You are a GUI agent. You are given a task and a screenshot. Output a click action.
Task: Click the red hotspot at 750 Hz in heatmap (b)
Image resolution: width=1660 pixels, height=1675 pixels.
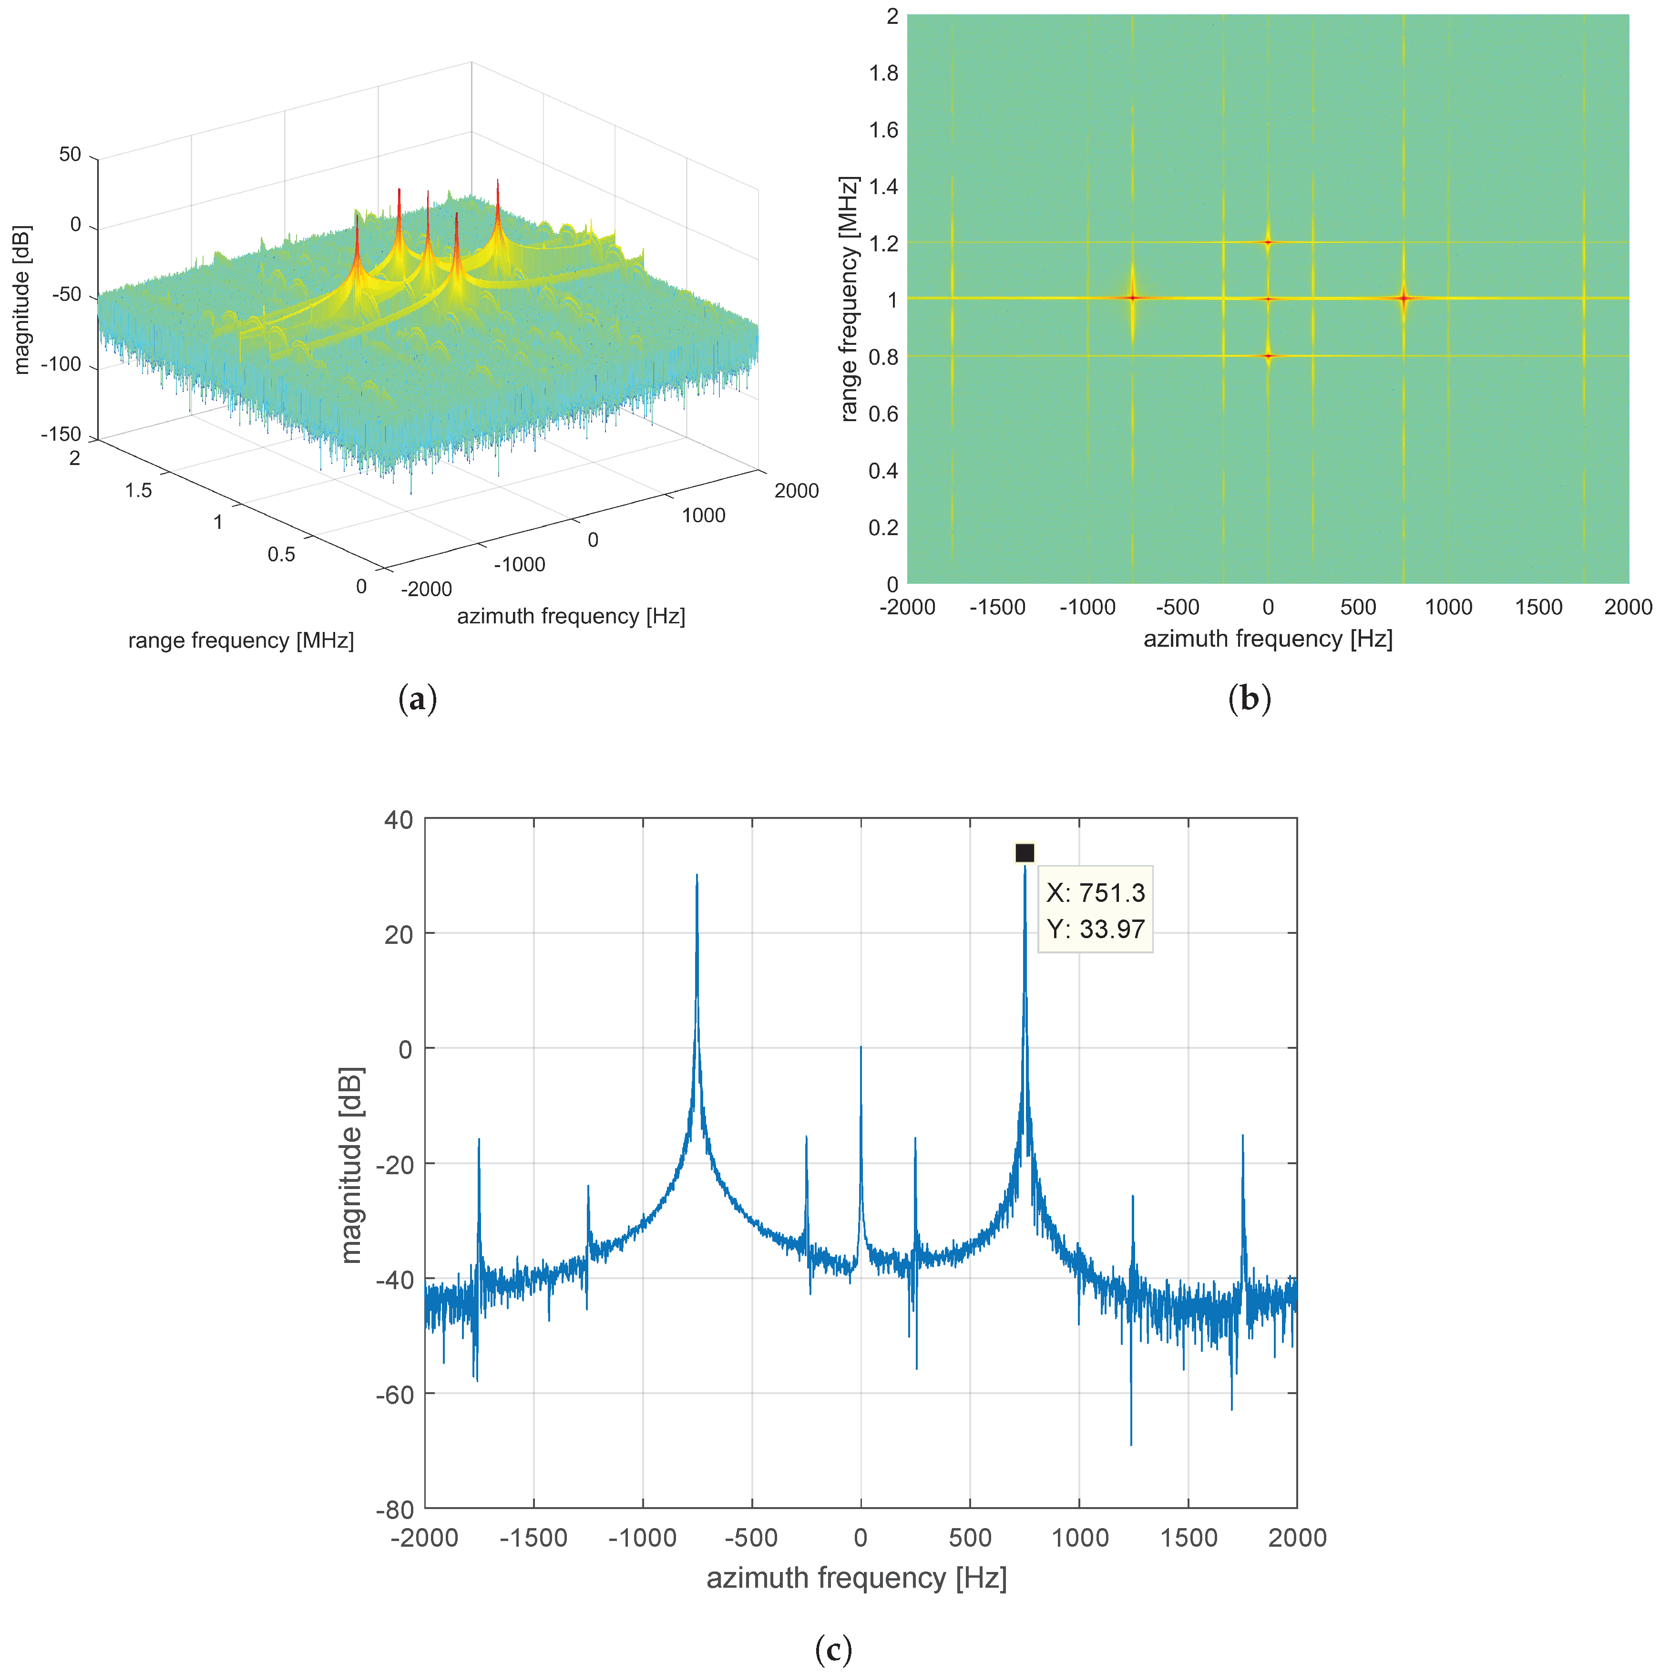click(x=1404, y=298)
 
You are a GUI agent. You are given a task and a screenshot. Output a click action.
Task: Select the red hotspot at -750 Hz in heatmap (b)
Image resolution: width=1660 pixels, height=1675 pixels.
click(x=1132, y=298)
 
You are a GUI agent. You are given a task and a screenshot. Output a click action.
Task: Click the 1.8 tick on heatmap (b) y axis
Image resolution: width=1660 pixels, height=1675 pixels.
click(x=883, y=73)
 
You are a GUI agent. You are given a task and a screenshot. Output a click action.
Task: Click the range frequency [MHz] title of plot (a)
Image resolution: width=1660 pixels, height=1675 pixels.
click(x=241, y=641)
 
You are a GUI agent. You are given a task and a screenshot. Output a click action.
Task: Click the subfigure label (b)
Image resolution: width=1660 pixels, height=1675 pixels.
click(x=1249, y=699)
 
